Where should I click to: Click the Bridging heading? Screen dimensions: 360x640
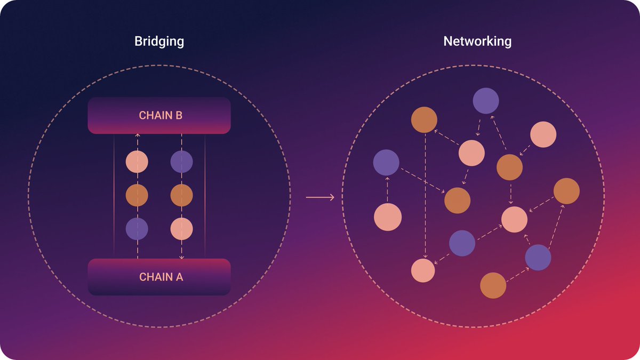tap(159, 42)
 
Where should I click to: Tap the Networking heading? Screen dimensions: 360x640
tap(477, 42)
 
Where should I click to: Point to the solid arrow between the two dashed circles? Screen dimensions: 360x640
tap(320, 198)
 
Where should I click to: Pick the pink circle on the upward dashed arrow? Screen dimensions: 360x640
tap(137, 162)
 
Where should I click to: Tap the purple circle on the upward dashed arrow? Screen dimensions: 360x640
tap(137, 228)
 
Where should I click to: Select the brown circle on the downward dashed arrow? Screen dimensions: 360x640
tap(181, 196)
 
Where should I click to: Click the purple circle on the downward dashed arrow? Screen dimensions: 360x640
tap(181, 162)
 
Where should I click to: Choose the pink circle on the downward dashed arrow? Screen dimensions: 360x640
tap(181, 228)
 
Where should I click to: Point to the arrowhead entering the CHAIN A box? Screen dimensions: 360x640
tap(181, 257)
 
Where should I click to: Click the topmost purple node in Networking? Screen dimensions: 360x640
tap(486, 101)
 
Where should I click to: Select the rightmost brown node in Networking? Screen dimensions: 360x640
tap(566, 191)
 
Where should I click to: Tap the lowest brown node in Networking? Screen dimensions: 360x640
tap(493, 285)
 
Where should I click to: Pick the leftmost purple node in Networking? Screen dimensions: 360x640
tap(386, 163)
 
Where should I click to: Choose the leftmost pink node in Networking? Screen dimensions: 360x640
tap(388, 218)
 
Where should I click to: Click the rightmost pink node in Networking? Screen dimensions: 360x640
tap(543, 134)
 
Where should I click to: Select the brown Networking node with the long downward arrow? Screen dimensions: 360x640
tap(424, 120)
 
